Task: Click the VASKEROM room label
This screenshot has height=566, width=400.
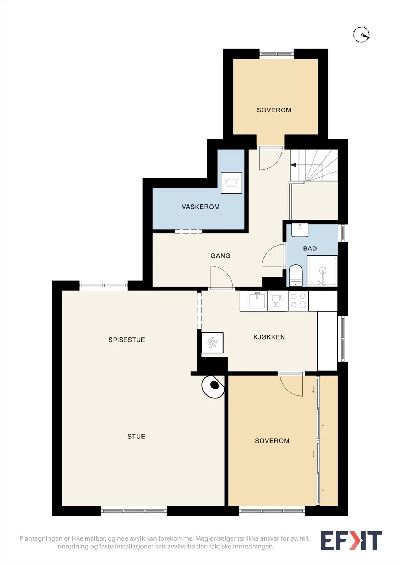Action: tap(201, 207)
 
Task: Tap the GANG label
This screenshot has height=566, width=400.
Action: tap(221, 256)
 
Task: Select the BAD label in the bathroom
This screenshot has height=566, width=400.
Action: tap(310, 249)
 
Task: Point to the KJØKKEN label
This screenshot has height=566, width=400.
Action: tap(269, 337)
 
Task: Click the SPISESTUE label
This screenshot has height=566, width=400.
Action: tap(127, 340)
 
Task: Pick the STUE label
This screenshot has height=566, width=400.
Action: tap(137, 437)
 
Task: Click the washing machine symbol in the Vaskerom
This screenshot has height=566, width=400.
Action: tap(231, 183)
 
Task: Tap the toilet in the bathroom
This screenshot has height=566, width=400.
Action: tap(296, 275)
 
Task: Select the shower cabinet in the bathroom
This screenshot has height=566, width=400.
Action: tap(322, 271)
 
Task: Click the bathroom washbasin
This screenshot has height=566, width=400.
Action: tap(300, 230)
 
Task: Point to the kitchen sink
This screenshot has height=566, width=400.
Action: tap(257, 300)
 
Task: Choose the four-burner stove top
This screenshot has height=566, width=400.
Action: tap(298, 301)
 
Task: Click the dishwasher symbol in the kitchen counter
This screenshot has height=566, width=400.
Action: tap(277, 301)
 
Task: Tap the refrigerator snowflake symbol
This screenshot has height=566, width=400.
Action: tap(212, 343)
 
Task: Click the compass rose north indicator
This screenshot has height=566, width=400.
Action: tap(361, 35)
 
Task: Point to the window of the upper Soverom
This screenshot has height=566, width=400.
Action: tap(277, 54)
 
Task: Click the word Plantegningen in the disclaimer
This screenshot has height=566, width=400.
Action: tap(41, 539)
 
